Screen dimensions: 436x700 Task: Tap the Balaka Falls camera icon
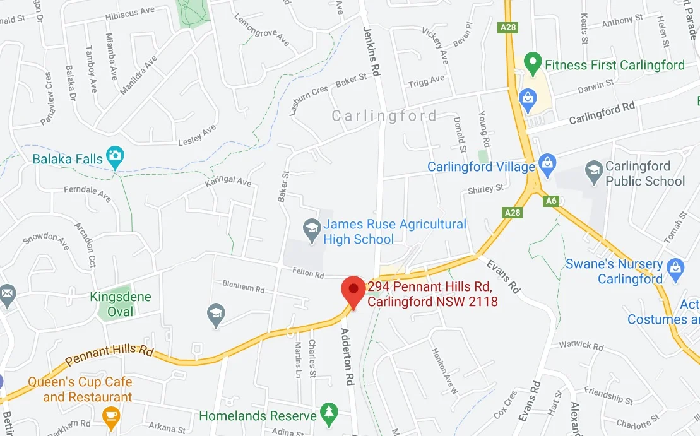pos(115,156)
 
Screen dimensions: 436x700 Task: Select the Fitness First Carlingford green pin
pos(533,63)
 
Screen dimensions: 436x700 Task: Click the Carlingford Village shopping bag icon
pos(546,165)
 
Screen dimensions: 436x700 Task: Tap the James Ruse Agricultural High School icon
pos(311,228)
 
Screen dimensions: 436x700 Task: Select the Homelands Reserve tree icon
pos(328,413)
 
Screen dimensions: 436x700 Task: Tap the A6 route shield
pos(550,200)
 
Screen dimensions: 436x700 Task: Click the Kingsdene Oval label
pos(121,303)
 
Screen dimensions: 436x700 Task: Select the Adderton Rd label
pos(346,356)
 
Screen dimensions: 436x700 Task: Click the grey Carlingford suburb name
pos(384,115)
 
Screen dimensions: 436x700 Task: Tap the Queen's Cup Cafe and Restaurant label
pos(80,389)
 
